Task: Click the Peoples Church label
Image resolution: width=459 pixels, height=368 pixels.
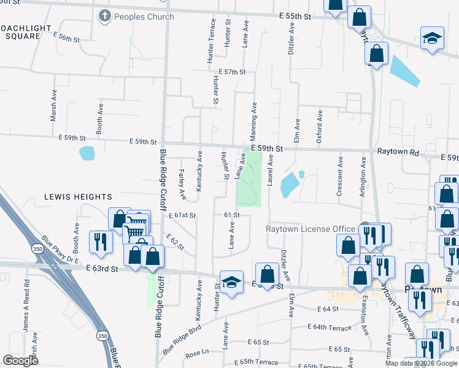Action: (x=144, y=17)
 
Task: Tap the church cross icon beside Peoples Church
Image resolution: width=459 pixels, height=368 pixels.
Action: (x=104, y=17)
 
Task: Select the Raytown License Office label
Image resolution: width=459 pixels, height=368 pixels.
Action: (x=310, y=229)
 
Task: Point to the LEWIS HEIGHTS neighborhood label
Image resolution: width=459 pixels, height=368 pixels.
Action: (x=78, y=197)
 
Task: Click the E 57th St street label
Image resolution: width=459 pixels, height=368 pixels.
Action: (x=231, y=72)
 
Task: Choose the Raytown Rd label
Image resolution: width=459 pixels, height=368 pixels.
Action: (x=398, y=150)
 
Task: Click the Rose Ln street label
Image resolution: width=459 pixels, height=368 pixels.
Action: (x=197, y=354)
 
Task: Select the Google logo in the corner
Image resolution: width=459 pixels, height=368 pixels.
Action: (x=20, y=361)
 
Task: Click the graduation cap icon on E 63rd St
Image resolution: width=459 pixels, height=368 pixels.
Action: (x=231, y=283)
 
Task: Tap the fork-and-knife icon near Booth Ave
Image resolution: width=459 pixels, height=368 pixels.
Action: (x=100, y=241)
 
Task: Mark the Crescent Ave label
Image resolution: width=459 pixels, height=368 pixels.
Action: (x=340, y=176)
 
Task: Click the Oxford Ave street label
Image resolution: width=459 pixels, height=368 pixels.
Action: (x=319, y=127)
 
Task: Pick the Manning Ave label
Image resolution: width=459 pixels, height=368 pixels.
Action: (x=253, y=121)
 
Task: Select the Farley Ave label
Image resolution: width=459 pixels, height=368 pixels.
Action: (x=182, y=185)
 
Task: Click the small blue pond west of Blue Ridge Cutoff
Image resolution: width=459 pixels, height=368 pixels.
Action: (x=87, y=153)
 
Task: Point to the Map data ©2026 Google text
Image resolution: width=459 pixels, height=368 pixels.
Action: (x=421, y=363)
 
